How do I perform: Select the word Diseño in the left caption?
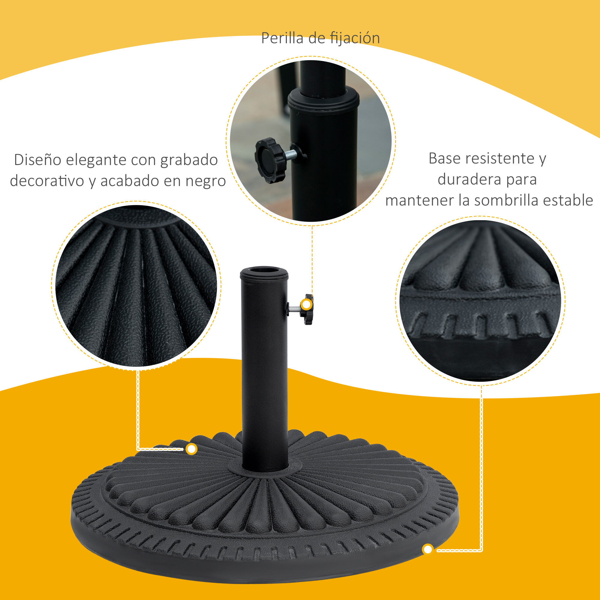[37, 160]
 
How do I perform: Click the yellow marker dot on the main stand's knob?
[307, 305]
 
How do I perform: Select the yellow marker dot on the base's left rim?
[192, 449]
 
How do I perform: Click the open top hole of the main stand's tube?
[264, 270]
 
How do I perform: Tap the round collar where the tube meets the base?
[265, 473]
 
